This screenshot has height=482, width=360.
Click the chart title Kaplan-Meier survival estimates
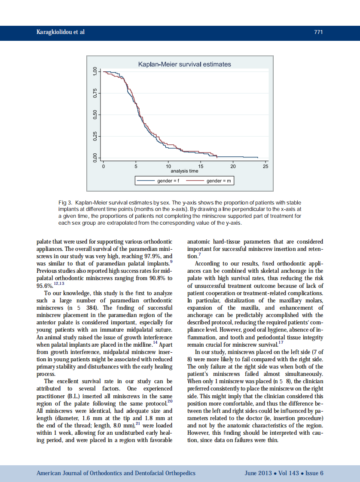pos(184,64)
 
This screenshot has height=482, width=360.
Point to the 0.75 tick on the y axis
pos(95,93)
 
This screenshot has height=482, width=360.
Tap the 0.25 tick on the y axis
pos(95,136)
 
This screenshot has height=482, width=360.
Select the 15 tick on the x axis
pos(201,166)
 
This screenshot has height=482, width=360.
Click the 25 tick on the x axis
pos(265,166)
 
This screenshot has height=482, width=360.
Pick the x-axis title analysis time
pos(184,171)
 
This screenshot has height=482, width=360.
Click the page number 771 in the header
pos(318,32)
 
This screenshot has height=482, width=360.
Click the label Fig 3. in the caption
pos(65,202)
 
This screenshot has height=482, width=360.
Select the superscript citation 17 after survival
pos(281,342)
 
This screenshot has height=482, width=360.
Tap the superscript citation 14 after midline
pos(156,342)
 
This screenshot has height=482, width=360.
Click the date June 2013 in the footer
pos(258,473)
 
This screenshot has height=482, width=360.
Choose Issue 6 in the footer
pos(314,473)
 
